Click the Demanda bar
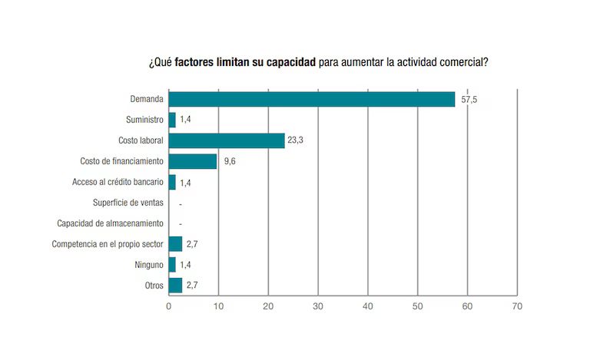311,99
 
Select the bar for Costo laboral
227,140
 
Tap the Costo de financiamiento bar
193,161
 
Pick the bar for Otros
176,286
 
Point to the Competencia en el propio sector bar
176,244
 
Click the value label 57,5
469,100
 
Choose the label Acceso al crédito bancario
116,182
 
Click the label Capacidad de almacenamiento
111,223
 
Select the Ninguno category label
149,265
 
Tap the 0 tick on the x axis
169,306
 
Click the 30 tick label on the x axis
318,306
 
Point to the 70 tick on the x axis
517,306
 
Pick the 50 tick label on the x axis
417,306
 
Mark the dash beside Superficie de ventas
179,203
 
